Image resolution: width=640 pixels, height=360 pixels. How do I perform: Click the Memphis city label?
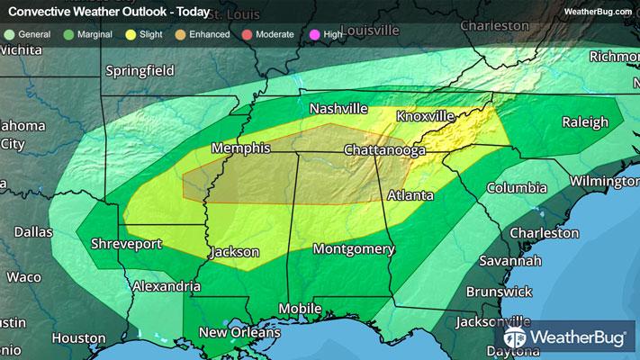(x=242, y=148)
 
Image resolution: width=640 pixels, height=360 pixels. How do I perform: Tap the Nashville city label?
(x=338, y=109)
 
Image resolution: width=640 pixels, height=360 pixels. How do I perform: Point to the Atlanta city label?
(x=410, y=194)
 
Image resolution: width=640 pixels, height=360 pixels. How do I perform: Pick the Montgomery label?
(x=354, y=248)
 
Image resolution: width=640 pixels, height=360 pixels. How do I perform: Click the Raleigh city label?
(x=585, y=122)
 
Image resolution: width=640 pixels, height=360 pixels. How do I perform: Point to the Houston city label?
(x=78, y=338)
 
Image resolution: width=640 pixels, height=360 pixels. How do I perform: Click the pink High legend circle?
(x=315, y=33)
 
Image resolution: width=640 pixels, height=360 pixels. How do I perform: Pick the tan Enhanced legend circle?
(x=183, y=33)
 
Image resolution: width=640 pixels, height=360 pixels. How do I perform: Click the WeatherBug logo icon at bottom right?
(x=517, y=338)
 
